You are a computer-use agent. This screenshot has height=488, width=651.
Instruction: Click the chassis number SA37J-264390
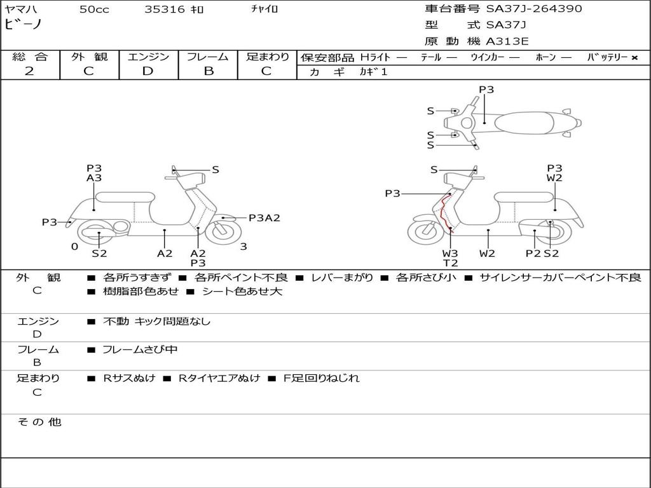pyautogui.click(x=534, y=9)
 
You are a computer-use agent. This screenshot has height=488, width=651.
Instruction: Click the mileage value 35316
pyautogui.click(x=165, y=10)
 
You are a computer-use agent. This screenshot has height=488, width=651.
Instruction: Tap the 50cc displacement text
pyautogui.click(x=93, y=10)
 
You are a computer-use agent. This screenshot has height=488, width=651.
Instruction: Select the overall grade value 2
pyautogui.click(x=29, y=71)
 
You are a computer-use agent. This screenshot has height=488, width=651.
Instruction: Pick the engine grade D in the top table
pyautogui.click(x=147, y=71)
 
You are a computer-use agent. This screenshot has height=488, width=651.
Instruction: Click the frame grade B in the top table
pyautogui.click(x=208, y=71)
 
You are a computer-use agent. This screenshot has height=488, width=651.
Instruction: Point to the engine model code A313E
pyautogui.click(x=507, y=42)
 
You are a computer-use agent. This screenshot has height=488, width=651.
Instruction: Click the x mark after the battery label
pyautogui.click(x=634, y=58)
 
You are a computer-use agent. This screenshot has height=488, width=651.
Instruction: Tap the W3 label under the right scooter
pyautogui.click(x=450, y=254)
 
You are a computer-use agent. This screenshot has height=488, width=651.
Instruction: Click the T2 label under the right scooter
pyautogui.click(x=450, y=263)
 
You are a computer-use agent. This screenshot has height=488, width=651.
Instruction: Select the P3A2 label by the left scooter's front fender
pyautogui.click(x=264, y=218)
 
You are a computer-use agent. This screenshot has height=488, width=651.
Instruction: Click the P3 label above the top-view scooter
pyautogui.click(x=486, y=90)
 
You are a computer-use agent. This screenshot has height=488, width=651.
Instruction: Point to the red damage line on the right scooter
pyautogui.click(x=442, y=213)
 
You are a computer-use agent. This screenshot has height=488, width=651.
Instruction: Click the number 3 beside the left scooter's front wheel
pyautogui.click(x=243, y=247)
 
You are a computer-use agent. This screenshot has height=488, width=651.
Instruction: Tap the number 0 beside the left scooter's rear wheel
pyautogui.click(x=74, y=247)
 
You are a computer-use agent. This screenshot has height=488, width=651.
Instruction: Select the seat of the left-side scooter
pyautogui.click(x=125, y=197)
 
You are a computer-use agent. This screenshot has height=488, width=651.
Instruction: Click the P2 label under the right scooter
pyautogui.click(x=533, y=254)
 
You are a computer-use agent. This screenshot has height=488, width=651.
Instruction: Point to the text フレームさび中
pyautogui.click(x=140, y=349)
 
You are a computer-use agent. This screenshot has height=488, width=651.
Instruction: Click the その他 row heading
pyautogui.click(x=39, y=422)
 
